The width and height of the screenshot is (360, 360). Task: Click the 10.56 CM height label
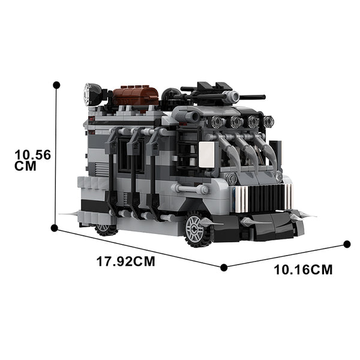point(32,160)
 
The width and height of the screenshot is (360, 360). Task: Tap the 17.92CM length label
point(126,262)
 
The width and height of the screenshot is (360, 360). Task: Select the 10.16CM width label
point(303,269)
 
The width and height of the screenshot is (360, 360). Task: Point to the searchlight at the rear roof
point(92,94)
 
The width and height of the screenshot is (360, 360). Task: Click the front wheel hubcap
point(194,229)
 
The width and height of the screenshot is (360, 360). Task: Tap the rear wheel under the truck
point(105,230)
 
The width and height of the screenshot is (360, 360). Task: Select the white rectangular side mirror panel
point(206,155)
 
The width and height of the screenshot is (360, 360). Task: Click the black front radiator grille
point(266,198)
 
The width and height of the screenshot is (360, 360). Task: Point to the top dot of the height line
point(56,85)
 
